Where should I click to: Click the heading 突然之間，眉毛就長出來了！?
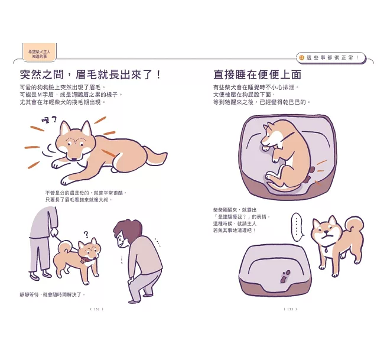90,74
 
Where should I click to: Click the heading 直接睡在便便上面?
257,74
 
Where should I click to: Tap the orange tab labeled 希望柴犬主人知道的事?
39,53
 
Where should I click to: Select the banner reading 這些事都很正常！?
331,58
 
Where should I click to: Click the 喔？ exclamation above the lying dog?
49,120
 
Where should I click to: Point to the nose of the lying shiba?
73,160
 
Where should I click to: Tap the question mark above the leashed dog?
86,234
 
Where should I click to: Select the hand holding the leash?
54,232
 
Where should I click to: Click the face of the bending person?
121,242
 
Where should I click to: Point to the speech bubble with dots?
297,228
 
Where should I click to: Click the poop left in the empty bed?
285,276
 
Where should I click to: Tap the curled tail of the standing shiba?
355,228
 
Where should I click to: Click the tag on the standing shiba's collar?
327,250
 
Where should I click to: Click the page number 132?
97,309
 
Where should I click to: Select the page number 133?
290,309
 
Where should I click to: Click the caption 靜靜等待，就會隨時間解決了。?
53,294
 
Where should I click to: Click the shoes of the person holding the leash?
40,275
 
